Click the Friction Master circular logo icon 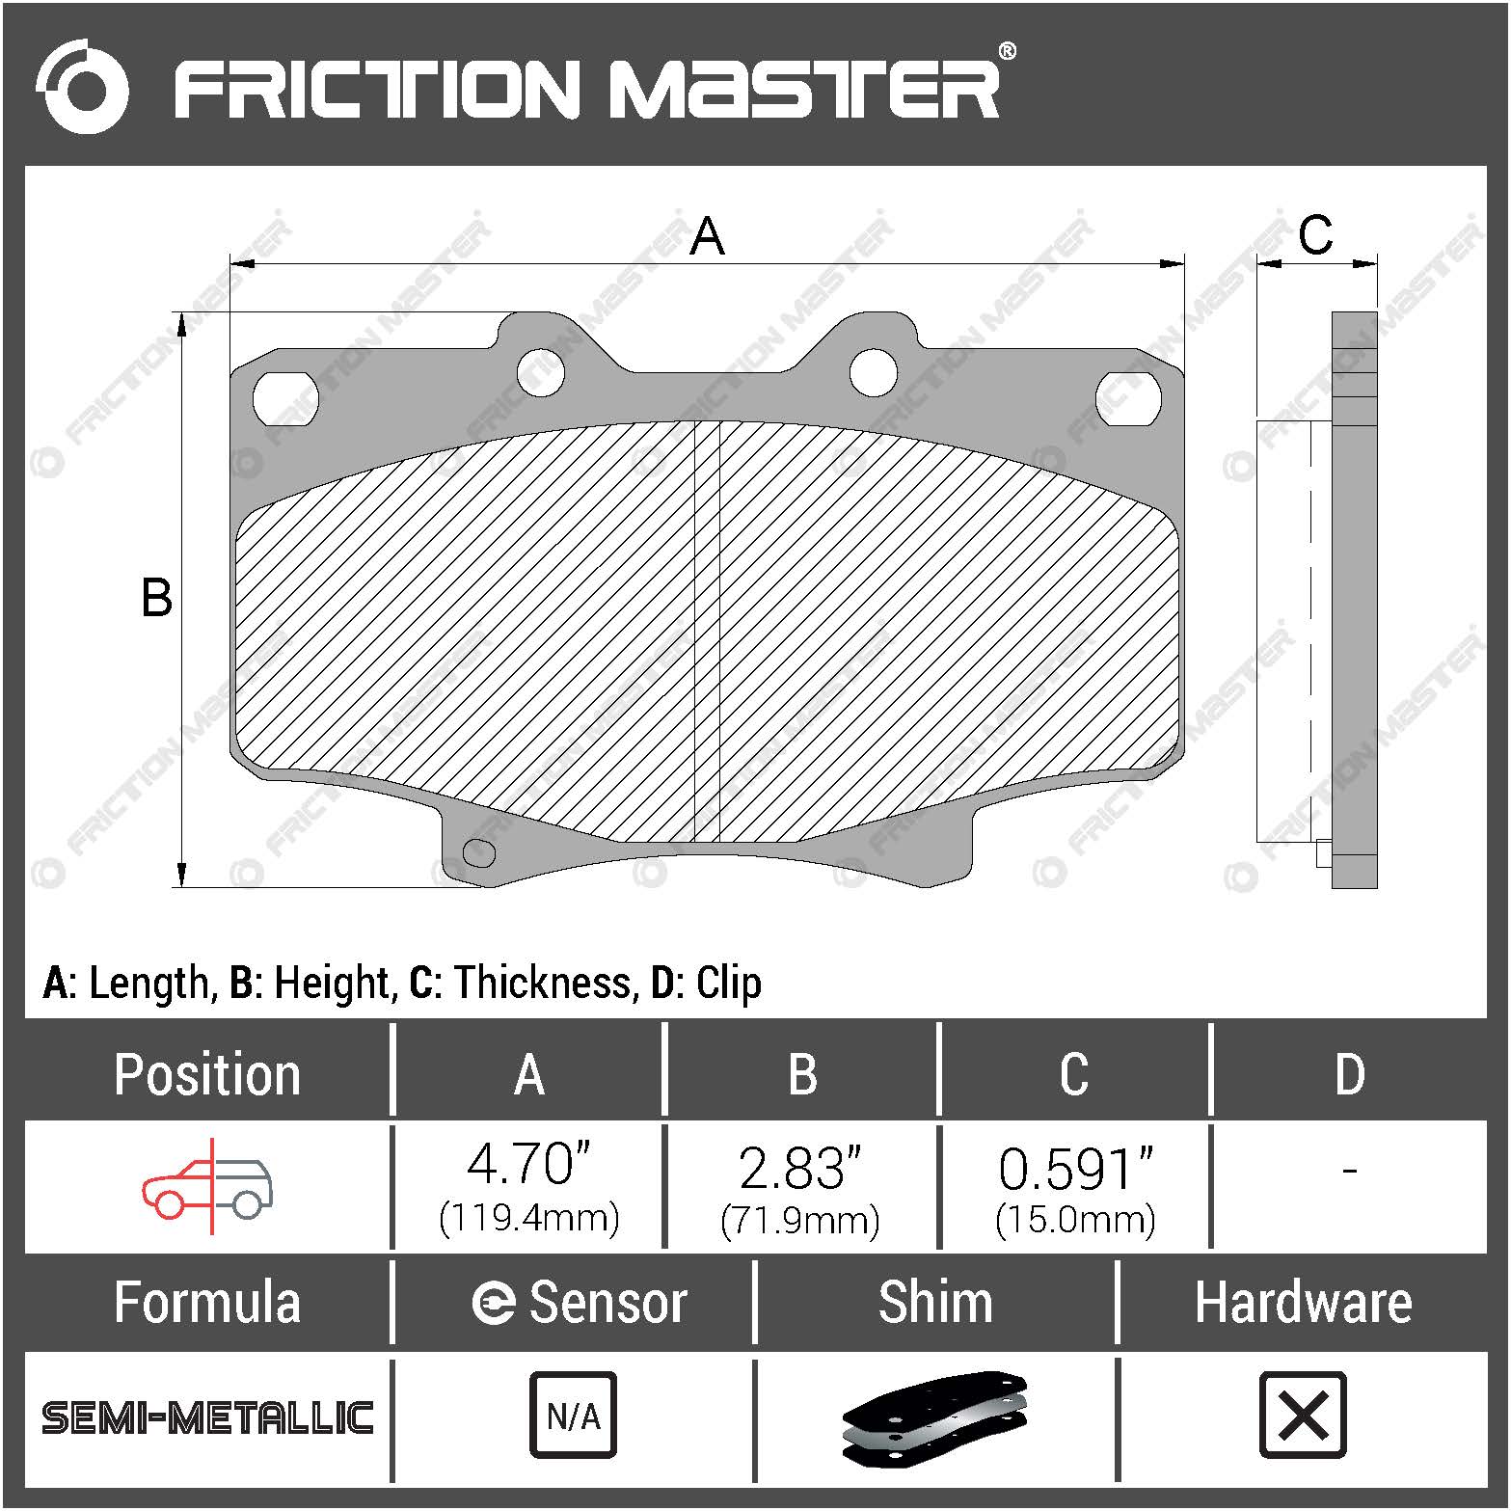point(82,87)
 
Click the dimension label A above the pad point(707,236)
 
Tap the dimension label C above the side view point(1315,234)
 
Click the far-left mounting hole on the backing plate point(285,397)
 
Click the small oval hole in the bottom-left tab point(479,852)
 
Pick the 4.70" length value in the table point(528,1165)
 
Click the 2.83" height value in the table point(799,1168)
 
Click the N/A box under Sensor point(573,1416)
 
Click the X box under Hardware point(1303,1416)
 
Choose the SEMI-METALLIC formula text point(207,1417)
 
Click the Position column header point(207,1074)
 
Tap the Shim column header point(935,1303)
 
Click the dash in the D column point(1349,1171)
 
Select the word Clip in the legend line point(728,983)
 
